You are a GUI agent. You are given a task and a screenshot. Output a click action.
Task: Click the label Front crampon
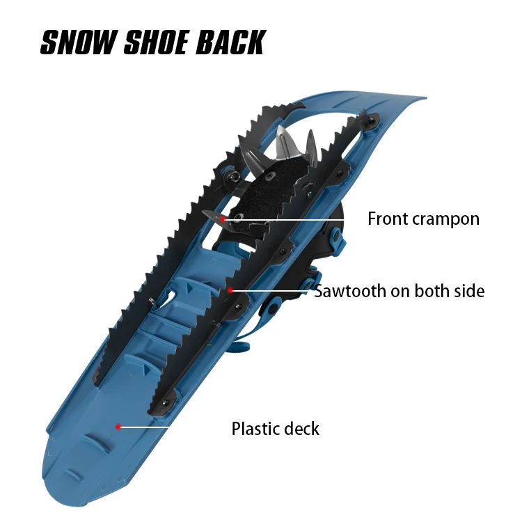pos(423,219)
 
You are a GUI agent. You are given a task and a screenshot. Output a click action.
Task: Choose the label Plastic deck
pos(276,428)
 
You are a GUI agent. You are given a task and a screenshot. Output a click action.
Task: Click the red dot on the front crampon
pos(223,219)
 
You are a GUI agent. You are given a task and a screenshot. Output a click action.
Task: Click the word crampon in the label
pos(445,219)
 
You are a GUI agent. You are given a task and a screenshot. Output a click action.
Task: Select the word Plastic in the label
pos(255,428)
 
